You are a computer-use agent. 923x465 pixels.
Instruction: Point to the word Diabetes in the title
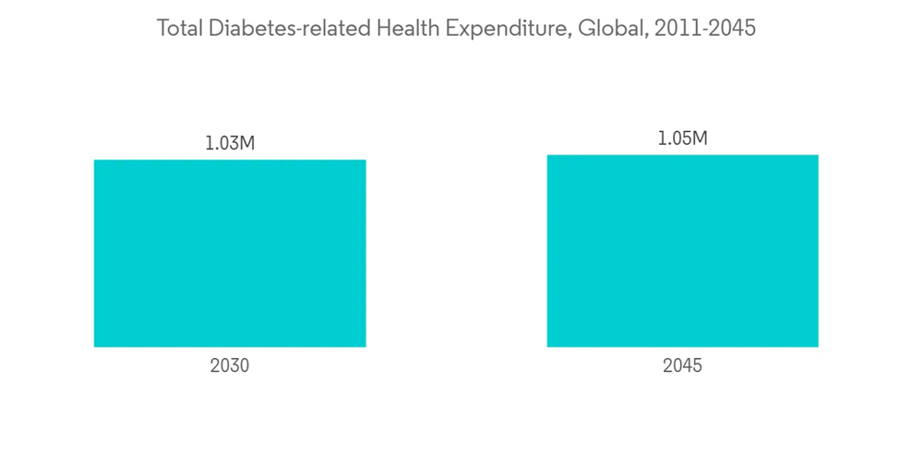(x=243, y=29)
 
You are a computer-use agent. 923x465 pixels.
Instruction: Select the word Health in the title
(x=406, y=29)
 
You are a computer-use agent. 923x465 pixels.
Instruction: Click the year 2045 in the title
(x=730, y=29)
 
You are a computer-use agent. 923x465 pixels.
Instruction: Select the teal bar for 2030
(x=230, y=254)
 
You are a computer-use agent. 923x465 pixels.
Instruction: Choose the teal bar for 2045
(x=682, y=251)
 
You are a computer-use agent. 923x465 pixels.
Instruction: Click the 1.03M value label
(x=230, y=144)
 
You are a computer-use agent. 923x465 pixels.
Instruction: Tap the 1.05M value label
(x=682, y=138)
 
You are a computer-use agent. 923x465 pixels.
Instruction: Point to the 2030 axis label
(x=230, y=365)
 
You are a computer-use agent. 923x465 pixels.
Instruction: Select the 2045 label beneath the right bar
(x=682, y=365)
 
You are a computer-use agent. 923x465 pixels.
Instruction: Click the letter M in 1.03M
(x=247, y=144)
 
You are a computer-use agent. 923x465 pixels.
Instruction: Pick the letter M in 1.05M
(x=700, y=138)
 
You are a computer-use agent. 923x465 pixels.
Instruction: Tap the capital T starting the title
(x=162, y=29)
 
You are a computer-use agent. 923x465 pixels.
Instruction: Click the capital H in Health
(x=384, y=29)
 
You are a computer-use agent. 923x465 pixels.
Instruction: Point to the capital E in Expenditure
(x=451, y=29)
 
